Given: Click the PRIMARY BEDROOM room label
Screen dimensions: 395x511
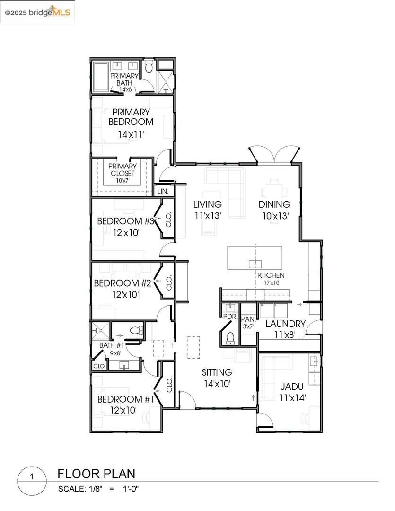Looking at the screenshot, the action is tap(131, 117).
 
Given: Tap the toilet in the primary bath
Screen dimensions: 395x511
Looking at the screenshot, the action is tap(149, 66).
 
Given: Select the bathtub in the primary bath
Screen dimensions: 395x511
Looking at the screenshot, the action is tap(101, 77).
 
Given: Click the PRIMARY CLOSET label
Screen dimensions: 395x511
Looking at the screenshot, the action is tap(123, 170).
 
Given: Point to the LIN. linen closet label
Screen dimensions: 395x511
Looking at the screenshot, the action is tap(163, 191).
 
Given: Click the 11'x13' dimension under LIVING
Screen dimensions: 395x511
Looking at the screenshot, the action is tap(208, 215).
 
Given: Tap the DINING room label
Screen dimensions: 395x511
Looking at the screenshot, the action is tap(274, 204).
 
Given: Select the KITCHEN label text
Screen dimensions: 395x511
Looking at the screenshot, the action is tap(271, 275).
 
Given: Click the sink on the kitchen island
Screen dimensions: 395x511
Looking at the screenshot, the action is tap(255, 264).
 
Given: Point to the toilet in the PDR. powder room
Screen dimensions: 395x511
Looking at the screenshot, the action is tap(230, 338).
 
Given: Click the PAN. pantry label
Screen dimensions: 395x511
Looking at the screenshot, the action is tap(248, 320).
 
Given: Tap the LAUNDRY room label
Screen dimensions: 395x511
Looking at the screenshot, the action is tap(286, 324).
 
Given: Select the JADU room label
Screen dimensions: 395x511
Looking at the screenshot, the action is tap(292, 387).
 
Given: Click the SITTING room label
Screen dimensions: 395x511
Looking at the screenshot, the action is tap(217, 372).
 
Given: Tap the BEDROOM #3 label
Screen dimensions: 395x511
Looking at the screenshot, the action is tap(125, 221).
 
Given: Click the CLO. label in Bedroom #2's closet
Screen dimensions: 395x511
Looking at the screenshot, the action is tap(169, 283).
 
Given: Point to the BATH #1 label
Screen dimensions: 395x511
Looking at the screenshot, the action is tap(112, 345).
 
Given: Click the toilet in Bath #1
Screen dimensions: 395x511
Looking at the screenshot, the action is tap(137, 330).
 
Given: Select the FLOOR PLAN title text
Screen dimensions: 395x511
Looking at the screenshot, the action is tap(97, 474).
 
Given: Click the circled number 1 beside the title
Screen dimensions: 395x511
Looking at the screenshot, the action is tap(32, 477).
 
